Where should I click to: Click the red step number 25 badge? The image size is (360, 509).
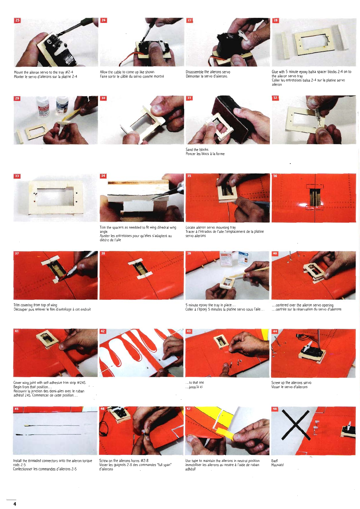(17, 20)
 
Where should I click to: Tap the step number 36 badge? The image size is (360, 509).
(275, 176)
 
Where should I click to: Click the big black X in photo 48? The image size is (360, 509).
(296, 425)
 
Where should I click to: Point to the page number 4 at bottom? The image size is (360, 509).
(15, 504)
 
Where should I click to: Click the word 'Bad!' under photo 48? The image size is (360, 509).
(275, 461)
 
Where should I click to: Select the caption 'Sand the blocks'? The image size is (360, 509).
(197, 150)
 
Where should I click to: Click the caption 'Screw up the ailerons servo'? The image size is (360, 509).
(291, 383)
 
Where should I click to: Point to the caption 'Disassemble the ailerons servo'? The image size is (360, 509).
(208, 72)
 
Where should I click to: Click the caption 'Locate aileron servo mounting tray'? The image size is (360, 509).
(211, 227)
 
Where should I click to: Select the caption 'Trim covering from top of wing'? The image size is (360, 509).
(35, 305)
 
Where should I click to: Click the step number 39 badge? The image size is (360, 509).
(189, 253)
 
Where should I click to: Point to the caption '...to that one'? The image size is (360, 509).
(195, 382)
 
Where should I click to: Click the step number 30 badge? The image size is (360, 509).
(103, 98)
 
